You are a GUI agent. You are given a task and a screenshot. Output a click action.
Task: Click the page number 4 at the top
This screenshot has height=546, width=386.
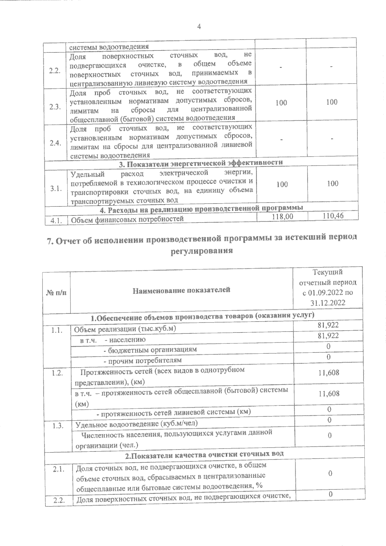pos(199,27)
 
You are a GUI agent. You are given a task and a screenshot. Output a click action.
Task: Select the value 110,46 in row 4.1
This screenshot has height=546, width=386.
pos(333,216)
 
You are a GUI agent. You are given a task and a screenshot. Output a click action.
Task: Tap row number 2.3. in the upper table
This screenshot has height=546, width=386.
pos(55,107)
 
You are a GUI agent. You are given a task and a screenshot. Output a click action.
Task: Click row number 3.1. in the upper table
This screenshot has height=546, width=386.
pos(56,189)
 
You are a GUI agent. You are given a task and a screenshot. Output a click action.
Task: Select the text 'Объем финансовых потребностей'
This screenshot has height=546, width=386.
pos(127,220)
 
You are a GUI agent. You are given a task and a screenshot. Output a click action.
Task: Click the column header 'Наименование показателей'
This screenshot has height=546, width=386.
pos(181,290)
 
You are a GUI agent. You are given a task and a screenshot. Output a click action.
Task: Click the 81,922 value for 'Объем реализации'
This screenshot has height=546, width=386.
pos(328,325)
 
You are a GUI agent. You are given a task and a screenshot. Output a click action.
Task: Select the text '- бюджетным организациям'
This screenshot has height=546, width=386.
pos(150,350)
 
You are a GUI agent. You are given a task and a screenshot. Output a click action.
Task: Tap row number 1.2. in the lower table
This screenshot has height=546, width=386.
pos(57,373)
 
